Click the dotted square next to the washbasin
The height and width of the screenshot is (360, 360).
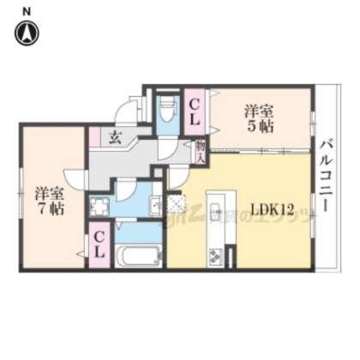coord(177,202)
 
